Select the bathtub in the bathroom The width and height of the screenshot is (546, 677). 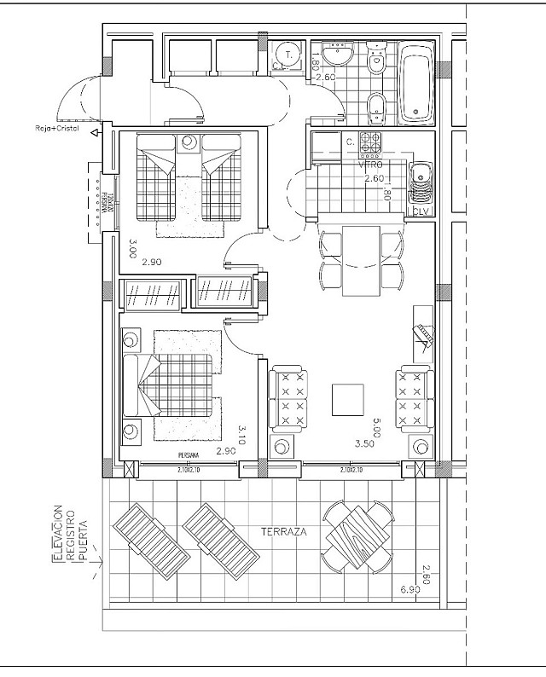417,82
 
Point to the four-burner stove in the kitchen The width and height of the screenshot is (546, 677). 370,145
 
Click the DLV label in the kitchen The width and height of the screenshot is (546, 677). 420,211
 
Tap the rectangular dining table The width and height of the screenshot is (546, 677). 361,261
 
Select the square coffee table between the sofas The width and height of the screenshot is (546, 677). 347,399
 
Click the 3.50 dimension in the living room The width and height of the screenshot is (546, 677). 364,443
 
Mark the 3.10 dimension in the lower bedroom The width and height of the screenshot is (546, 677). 242,437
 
